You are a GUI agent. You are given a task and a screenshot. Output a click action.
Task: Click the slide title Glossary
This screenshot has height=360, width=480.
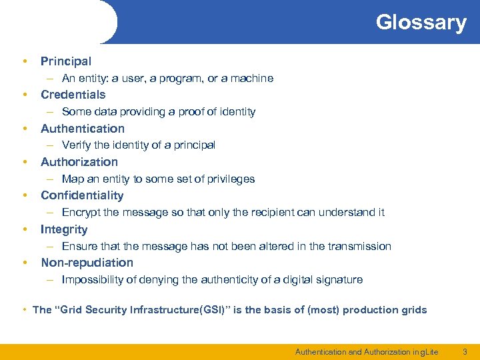[421, 22]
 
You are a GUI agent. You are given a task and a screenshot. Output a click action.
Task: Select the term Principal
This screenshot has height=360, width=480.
[66, 61]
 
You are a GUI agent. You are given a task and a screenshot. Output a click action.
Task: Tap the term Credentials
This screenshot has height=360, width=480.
[73, 95]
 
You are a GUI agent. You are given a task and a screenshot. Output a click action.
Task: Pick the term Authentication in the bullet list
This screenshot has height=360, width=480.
[83, 129]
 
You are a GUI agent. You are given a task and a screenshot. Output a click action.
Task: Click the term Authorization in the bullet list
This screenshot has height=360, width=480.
[79, 162]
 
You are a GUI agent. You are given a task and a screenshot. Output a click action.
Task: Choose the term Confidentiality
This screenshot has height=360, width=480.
[82, 195]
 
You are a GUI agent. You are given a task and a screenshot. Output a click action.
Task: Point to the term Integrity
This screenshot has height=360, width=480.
[64, 229]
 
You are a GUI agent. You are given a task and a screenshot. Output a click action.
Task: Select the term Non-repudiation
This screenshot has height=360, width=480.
[87, 263]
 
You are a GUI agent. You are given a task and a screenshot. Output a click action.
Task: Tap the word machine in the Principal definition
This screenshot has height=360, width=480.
[252, 79]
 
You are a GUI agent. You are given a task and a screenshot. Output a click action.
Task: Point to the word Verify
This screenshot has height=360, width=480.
[77, 145]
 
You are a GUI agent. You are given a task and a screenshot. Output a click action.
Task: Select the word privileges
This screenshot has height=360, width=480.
[231, 179]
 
